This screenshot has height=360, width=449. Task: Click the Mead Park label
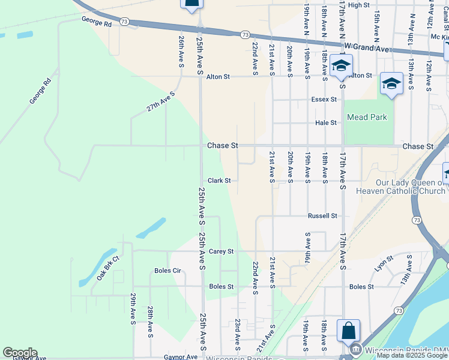(x=366, y=118)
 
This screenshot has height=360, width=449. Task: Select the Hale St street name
(x=326, y=122)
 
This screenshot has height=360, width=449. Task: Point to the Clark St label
(x=219, y=181)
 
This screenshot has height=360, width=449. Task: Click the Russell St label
(x=322, y=215)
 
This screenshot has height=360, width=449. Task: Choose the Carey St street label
(x=221, y=251)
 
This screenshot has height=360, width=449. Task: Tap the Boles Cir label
(x=167, y=271)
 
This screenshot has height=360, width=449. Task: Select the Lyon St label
(x=384, y=263)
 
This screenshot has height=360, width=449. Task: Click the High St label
(x=358, y=5)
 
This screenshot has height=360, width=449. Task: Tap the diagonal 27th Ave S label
(x=160, y=101)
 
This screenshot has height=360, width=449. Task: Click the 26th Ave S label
(x=181, y=50)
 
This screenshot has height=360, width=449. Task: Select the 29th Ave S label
(x=133, y=310)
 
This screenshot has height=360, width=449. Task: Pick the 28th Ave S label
(x=150, y=321)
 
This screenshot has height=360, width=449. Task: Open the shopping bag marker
(x=348, y=331)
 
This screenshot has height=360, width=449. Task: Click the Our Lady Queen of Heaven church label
(x=409, y=187)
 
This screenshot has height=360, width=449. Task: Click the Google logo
(x=20, y=353)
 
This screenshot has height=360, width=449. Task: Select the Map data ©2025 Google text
(x=412, y=356)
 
